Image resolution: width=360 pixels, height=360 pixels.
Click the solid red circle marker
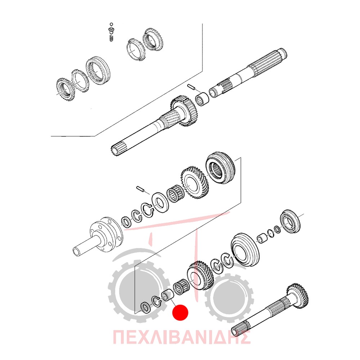[x=180, y=312]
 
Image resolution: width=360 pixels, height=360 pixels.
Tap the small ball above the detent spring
[x=111, y=24]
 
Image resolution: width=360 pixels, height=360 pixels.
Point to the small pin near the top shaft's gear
[x=191, y=87]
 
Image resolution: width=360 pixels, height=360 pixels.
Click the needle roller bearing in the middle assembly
[x=176, y=194]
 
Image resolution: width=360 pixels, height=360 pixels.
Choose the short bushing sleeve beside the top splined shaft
[x=202, y=99]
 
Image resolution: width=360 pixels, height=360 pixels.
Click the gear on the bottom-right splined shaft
[x=298, y=296]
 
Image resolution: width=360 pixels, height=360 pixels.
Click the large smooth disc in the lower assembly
[x=245, y=250]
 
